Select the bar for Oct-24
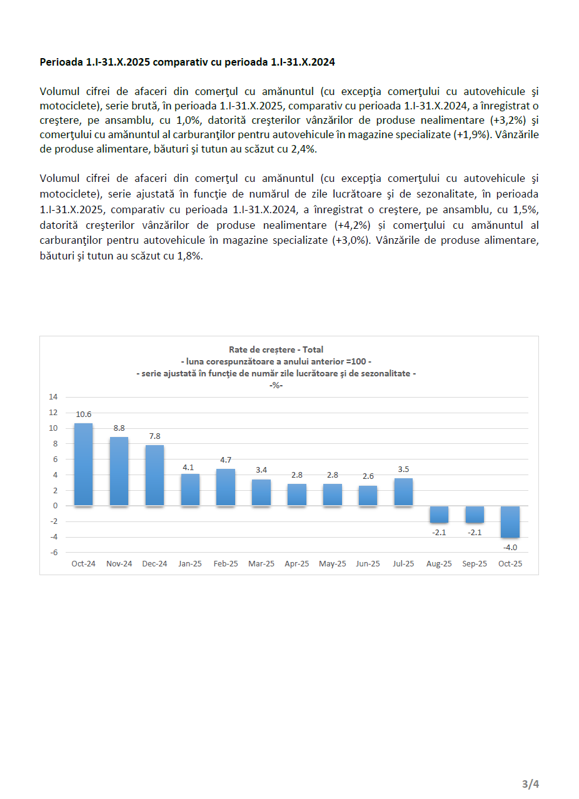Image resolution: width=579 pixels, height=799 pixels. pos(83,465)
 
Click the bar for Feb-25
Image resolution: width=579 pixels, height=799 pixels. pos(226,487)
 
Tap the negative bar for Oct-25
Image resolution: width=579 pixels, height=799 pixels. pos(510,521)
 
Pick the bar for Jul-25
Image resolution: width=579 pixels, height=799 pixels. pos(403,491)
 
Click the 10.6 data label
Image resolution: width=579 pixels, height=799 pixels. pos(84,414)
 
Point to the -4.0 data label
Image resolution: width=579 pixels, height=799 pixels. pos(510,547)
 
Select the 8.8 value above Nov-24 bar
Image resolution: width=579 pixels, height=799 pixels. pos(119,428)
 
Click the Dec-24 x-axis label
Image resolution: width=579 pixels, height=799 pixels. pos(154,563)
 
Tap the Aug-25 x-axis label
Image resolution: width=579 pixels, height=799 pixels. pos(439,563)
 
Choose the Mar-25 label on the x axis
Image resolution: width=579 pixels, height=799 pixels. pos(261,563)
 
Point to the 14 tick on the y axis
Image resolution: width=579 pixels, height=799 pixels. pos(53,397)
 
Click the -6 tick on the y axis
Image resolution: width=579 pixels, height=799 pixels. pos(54,552)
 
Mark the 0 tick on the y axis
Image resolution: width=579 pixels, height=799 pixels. pos(55,506)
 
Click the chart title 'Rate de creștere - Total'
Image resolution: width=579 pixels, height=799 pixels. pos(276,349)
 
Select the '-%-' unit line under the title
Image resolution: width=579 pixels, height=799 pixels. pos(276,384)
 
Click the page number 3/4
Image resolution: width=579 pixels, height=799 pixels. pos(530,783)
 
